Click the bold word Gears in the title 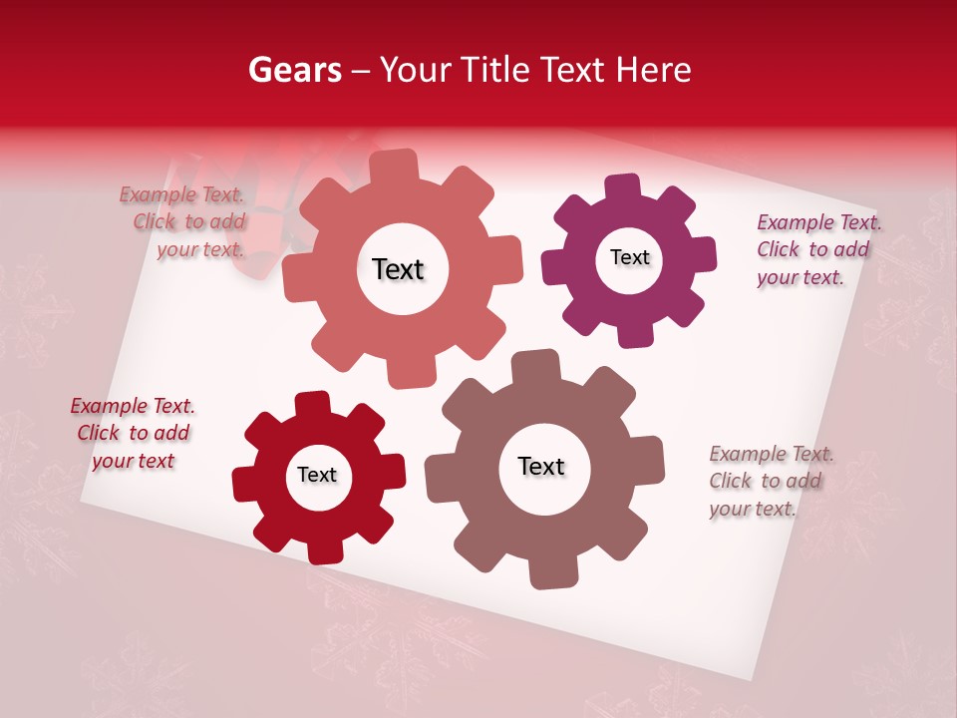click(x=294, y=70)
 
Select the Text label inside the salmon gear click(x=398, y=269)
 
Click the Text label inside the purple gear click(x=629, y=257)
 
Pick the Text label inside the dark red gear click(x=317, y=475)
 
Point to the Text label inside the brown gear click(x=541, y=466)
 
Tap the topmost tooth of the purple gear click(x=623, y=186)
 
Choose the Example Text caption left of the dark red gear click(x=133, y=434)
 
